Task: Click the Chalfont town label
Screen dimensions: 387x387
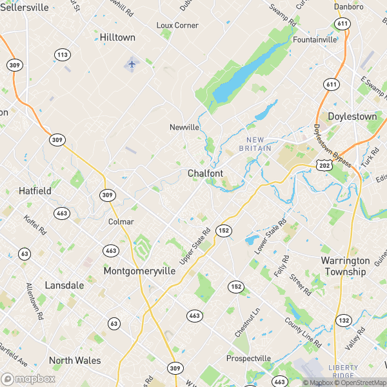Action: [206, 174]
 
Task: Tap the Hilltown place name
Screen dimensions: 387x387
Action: [117, 38]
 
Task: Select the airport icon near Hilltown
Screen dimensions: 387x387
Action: [132, 64]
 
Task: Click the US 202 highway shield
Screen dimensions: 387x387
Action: [324, 166]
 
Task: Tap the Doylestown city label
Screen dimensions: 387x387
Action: [352, 117]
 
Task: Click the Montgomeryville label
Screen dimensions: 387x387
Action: [139, 272]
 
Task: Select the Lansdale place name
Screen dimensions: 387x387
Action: [64, 285]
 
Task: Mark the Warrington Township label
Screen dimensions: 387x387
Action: [345, 266]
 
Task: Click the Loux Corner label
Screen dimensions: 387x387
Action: [177, 25]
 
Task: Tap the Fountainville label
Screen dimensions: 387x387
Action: [315, 39]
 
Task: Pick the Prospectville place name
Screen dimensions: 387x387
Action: [248, 359]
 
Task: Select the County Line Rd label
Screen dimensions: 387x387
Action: [303, 333]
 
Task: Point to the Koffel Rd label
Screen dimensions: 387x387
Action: [35, 222]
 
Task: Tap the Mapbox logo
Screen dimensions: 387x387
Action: [28, 379]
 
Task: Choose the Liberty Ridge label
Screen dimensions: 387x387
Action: [343, 372]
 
